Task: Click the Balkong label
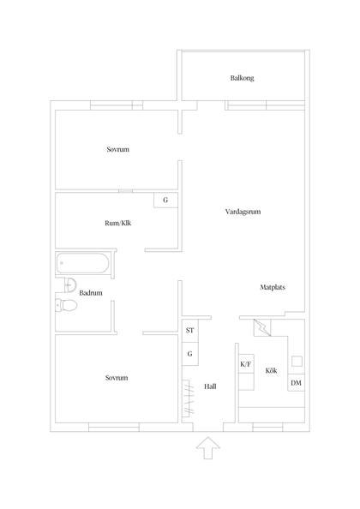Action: [242, 78]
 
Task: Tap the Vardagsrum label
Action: [242, 210]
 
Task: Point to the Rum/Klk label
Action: [117, 224]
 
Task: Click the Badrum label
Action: [91, 293]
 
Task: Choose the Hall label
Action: [210, 386]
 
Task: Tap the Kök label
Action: [271, 370]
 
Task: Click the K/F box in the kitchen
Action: [245, 364]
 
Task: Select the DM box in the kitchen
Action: [297, 382]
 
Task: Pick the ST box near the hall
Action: [189, 330]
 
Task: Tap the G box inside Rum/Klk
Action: [165, 201]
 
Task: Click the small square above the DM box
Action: [297, 360]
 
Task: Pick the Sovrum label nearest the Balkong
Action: [117, 150]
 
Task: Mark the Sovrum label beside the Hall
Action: [117, 378]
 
